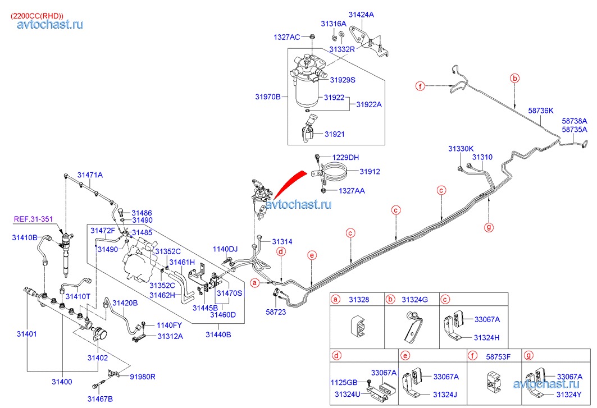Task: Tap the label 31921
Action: pos(335,134)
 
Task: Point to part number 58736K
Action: pos(541,111)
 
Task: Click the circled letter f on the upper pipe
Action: pos(420,86)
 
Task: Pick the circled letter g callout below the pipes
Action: pos(489,227)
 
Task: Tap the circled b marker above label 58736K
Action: pos(515,79)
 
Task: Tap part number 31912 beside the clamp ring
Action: pos(370,172)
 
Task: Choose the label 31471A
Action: pos(90,175)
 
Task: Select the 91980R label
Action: pos(142,377)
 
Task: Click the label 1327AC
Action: pos(286,37)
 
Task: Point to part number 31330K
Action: pos(461,149)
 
